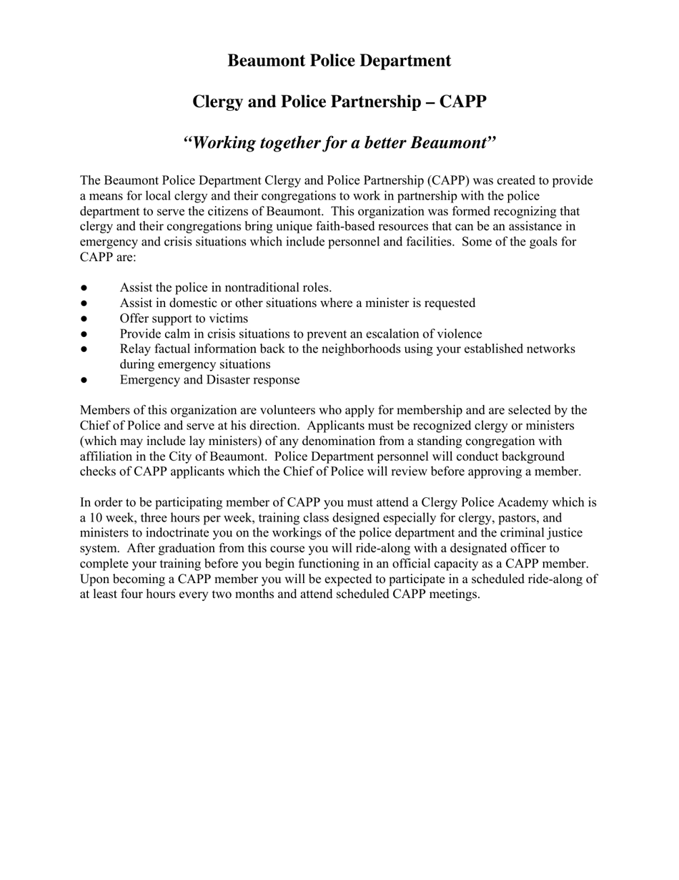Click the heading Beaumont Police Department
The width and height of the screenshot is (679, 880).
pyautogui.click(x=339, y=61)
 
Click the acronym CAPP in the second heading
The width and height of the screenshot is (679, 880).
pyautogui.click(x=462, y=102)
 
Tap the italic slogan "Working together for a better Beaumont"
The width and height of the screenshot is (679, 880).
pyautogui.click(x=339, y=142)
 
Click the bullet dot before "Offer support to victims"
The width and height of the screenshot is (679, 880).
pyautogui.click(x=84, y=319)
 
